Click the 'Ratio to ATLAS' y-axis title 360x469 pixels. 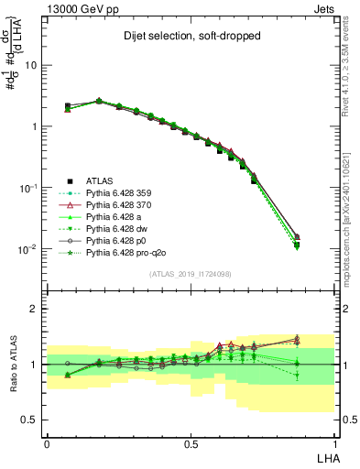coord(13,365)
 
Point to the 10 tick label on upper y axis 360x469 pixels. coord(31,66)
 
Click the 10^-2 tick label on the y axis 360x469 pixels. coord(27,249)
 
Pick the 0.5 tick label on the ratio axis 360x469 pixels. coord(28,420)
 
